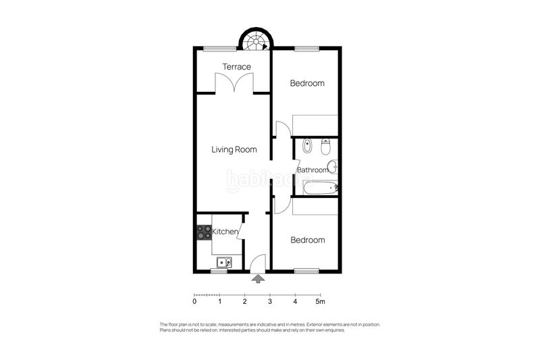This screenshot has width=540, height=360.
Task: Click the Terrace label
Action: pyautogui.click(x=236, y=67)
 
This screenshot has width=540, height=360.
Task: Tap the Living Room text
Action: pyautogui.click(x=234, y=150)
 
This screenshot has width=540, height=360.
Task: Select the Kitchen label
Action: pyautogui.click(x=225, y=232)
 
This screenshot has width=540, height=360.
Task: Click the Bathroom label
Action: pyautogui.click(x=313, y=170)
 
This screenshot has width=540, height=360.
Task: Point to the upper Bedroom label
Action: pyautogui.click(x=307, y=84)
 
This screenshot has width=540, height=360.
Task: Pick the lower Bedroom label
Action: pyautogui.click(x=307, y=240)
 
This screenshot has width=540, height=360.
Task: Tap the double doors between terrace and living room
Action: pyautogui.click(x=234, y=85)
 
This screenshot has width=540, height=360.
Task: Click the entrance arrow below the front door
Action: pyautogui.click(x=257, y=278)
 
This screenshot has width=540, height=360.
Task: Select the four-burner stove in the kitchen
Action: pyautogui.click(x=204, y=232)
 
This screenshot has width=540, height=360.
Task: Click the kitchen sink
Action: pyautogui.click(x=223, y=262)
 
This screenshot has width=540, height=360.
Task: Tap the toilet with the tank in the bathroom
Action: pyautogui.click(x=325, y=145)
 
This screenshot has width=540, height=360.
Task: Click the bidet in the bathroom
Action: pyautogui.click(x=307, y=146)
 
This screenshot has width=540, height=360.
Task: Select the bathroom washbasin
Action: pyautogui.click(x=331, y=167)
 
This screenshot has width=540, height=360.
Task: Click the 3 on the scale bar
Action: pyautogui.click(x=270, y=302)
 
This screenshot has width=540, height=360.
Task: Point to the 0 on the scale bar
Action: pyautogui.click(x=194, y=302)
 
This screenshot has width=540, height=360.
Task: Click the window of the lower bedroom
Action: pyautogui.click(x=306, y=271)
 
